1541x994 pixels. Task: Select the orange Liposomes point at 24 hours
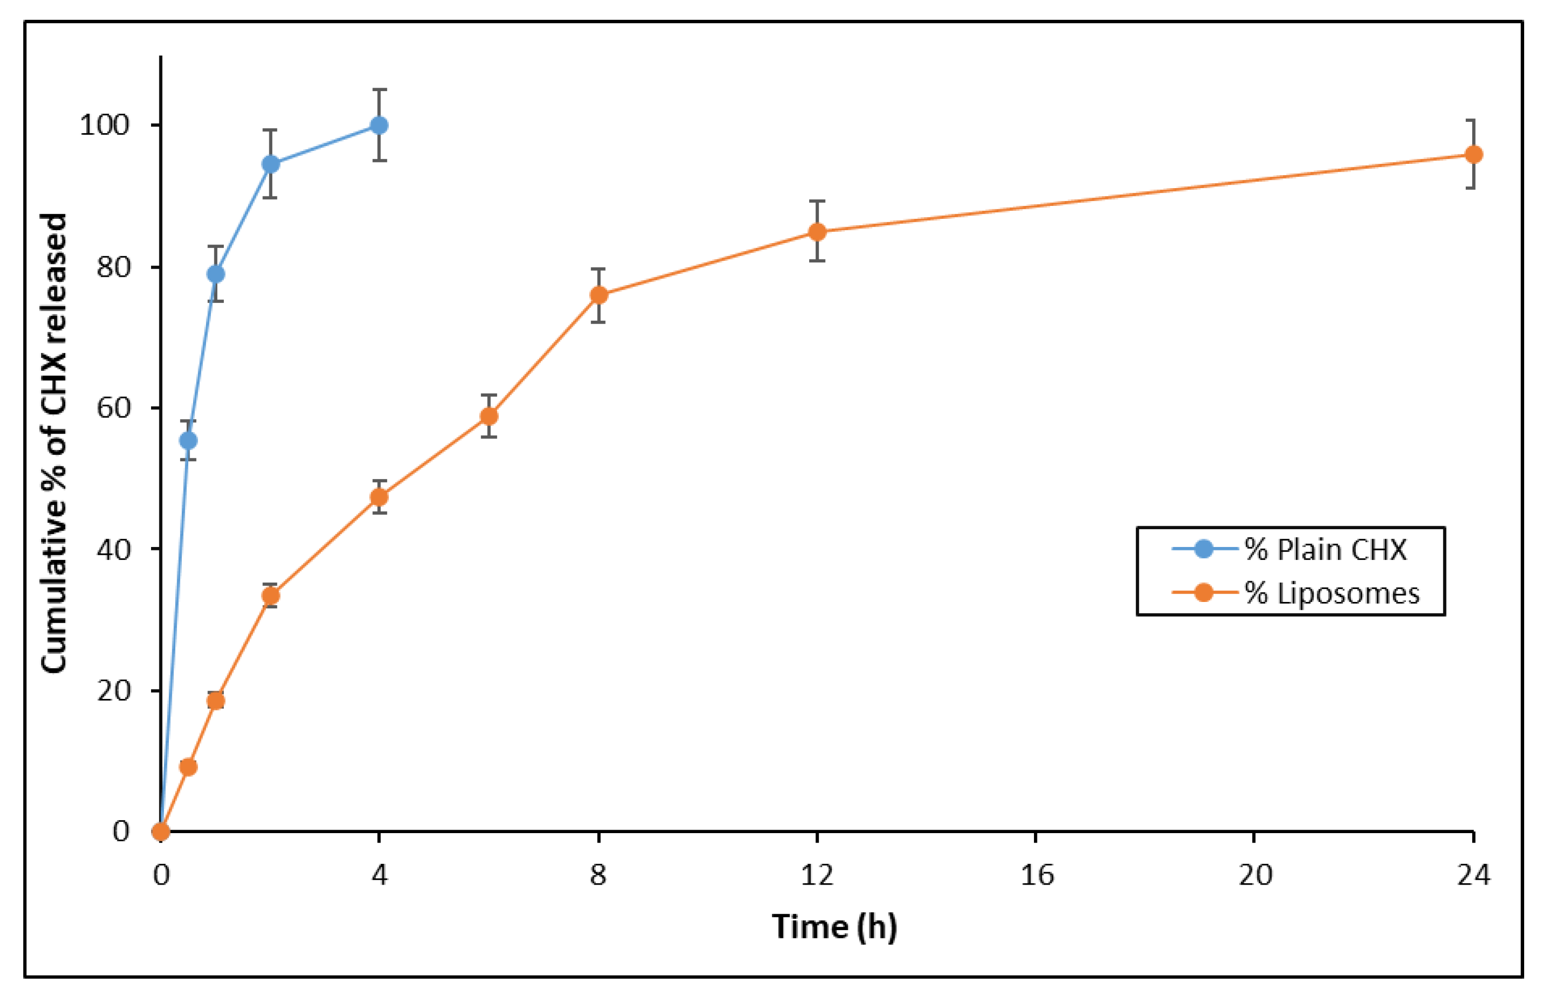click(1474, 154)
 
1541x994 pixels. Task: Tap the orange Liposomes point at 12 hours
click(818, 232)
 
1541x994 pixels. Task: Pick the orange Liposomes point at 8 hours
click(599, 295)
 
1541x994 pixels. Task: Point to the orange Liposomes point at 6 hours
click(489, 416)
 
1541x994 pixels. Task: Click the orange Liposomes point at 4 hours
click(380, 497)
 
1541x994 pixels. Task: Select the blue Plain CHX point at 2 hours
click(271, 164)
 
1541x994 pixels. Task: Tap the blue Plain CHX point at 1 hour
click(215, 274)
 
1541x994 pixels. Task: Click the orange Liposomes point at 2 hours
click(271, 596)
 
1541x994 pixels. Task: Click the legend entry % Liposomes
click(1331, 593)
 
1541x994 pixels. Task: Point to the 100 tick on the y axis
click(104, 125)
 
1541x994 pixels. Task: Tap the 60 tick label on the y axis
click(113, 408)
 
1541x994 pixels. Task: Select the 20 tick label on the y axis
click(113, 691)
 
